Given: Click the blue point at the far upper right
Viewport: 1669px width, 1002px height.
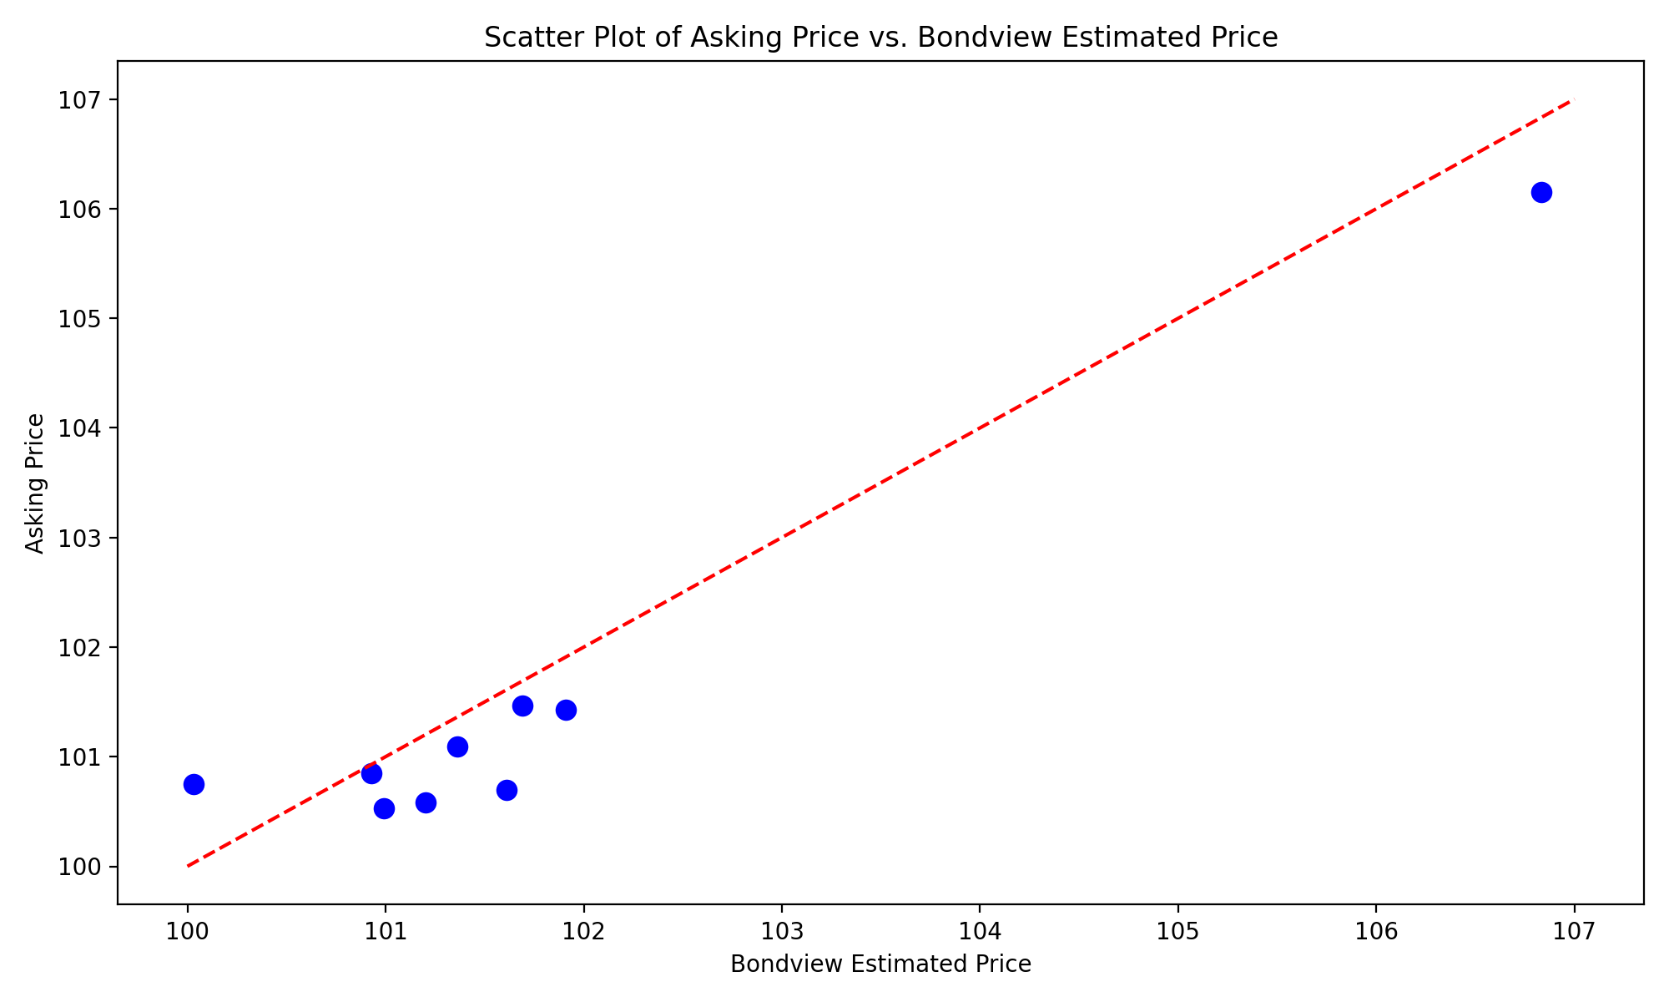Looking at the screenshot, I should [1541, 193].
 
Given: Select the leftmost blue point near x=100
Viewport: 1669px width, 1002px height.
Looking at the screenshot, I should [194, 784].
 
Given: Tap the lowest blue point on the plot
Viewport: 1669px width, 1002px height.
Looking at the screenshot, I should [384, 808].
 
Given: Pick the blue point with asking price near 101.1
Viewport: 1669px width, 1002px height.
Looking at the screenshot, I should [457, 746].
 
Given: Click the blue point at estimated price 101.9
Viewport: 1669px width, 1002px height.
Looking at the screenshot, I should [566, 711].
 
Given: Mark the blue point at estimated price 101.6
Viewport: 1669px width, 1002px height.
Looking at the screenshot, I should [507, 790].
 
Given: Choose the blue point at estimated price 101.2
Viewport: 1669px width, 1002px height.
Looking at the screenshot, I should [426, 802].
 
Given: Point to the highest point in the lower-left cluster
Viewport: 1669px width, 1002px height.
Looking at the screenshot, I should [522, 706].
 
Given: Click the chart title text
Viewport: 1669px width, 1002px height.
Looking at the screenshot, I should [880, 38].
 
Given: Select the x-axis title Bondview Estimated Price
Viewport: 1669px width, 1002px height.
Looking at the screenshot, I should [880, 964].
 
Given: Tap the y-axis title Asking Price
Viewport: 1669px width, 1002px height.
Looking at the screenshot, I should [35, 483].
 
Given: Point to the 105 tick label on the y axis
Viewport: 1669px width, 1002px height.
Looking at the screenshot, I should [81, 319].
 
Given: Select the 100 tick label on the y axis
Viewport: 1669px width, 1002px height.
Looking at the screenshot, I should [81, 867].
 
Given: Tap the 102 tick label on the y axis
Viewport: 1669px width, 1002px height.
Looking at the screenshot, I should [81, 648].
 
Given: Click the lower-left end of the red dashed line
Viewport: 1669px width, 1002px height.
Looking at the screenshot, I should [188, 866].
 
